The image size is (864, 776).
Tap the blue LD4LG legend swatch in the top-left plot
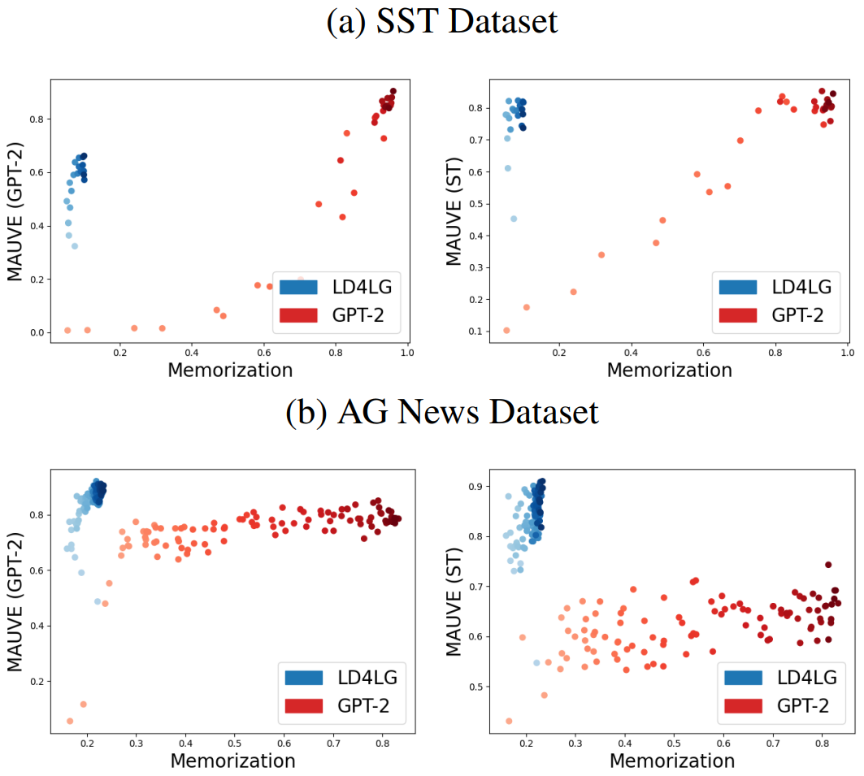(298, 287)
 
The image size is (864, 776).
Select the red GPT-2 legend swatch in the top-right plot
(738, 315)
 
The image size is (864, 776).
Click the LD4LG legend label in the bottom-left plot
(367, 678)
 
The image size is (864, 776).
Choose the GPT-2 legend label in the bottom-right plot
(803, 705)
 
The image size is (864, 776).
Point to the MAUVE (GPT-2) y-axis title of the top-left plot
(15, 211)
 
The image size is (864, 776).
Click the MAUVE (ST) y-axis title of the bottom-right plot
(454, 602)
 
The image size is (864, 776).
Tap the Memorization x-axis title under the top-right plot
(670, 370)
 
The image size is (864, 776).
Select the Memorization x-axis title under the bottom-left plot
(232, 761)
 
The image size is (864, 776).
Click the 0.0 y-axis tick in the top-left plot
(37, 332)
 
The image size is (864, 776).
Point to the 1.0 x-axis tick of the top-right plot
(848, 353)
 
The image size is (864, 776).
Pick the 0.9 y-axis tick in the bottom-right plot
(475, 486)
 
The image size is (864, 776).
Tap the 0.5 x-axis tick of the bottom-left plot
(235, 743)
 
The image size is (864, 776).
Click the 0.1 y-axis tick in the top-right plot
(475, 331)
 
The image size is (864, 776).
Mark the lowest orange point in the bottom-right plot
(509, 721)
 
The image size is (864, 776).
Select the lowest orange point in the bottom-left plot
(70, 721)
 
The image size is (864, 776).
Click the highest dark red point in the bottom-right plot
(827, 565)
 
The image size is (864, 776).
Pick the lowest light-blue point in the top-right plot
(514, 219)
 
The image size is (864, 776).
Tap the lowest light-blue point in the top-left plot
(75, 246)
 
